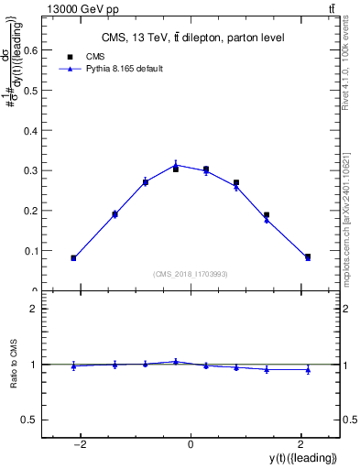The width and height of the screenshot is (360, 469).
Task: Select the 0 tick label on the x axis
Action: pos(191,444)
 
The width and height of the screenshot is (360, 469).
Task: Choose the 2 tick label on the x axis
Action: pos(300,444)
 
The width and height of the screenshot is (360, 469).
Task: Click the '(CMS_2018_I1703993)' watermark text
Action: pos(191,274)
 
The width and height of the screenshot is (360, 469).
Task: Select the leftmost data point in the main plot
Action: pos(73,258)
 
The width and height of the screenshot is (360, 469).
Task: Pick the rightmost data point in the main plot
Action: pos(308,257)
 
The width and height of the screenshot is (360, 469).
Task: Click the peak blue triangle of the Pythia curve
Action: pos(176,165)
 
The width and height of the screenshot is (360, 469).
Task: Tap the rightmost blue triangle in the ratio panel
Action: pos(308,370)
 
